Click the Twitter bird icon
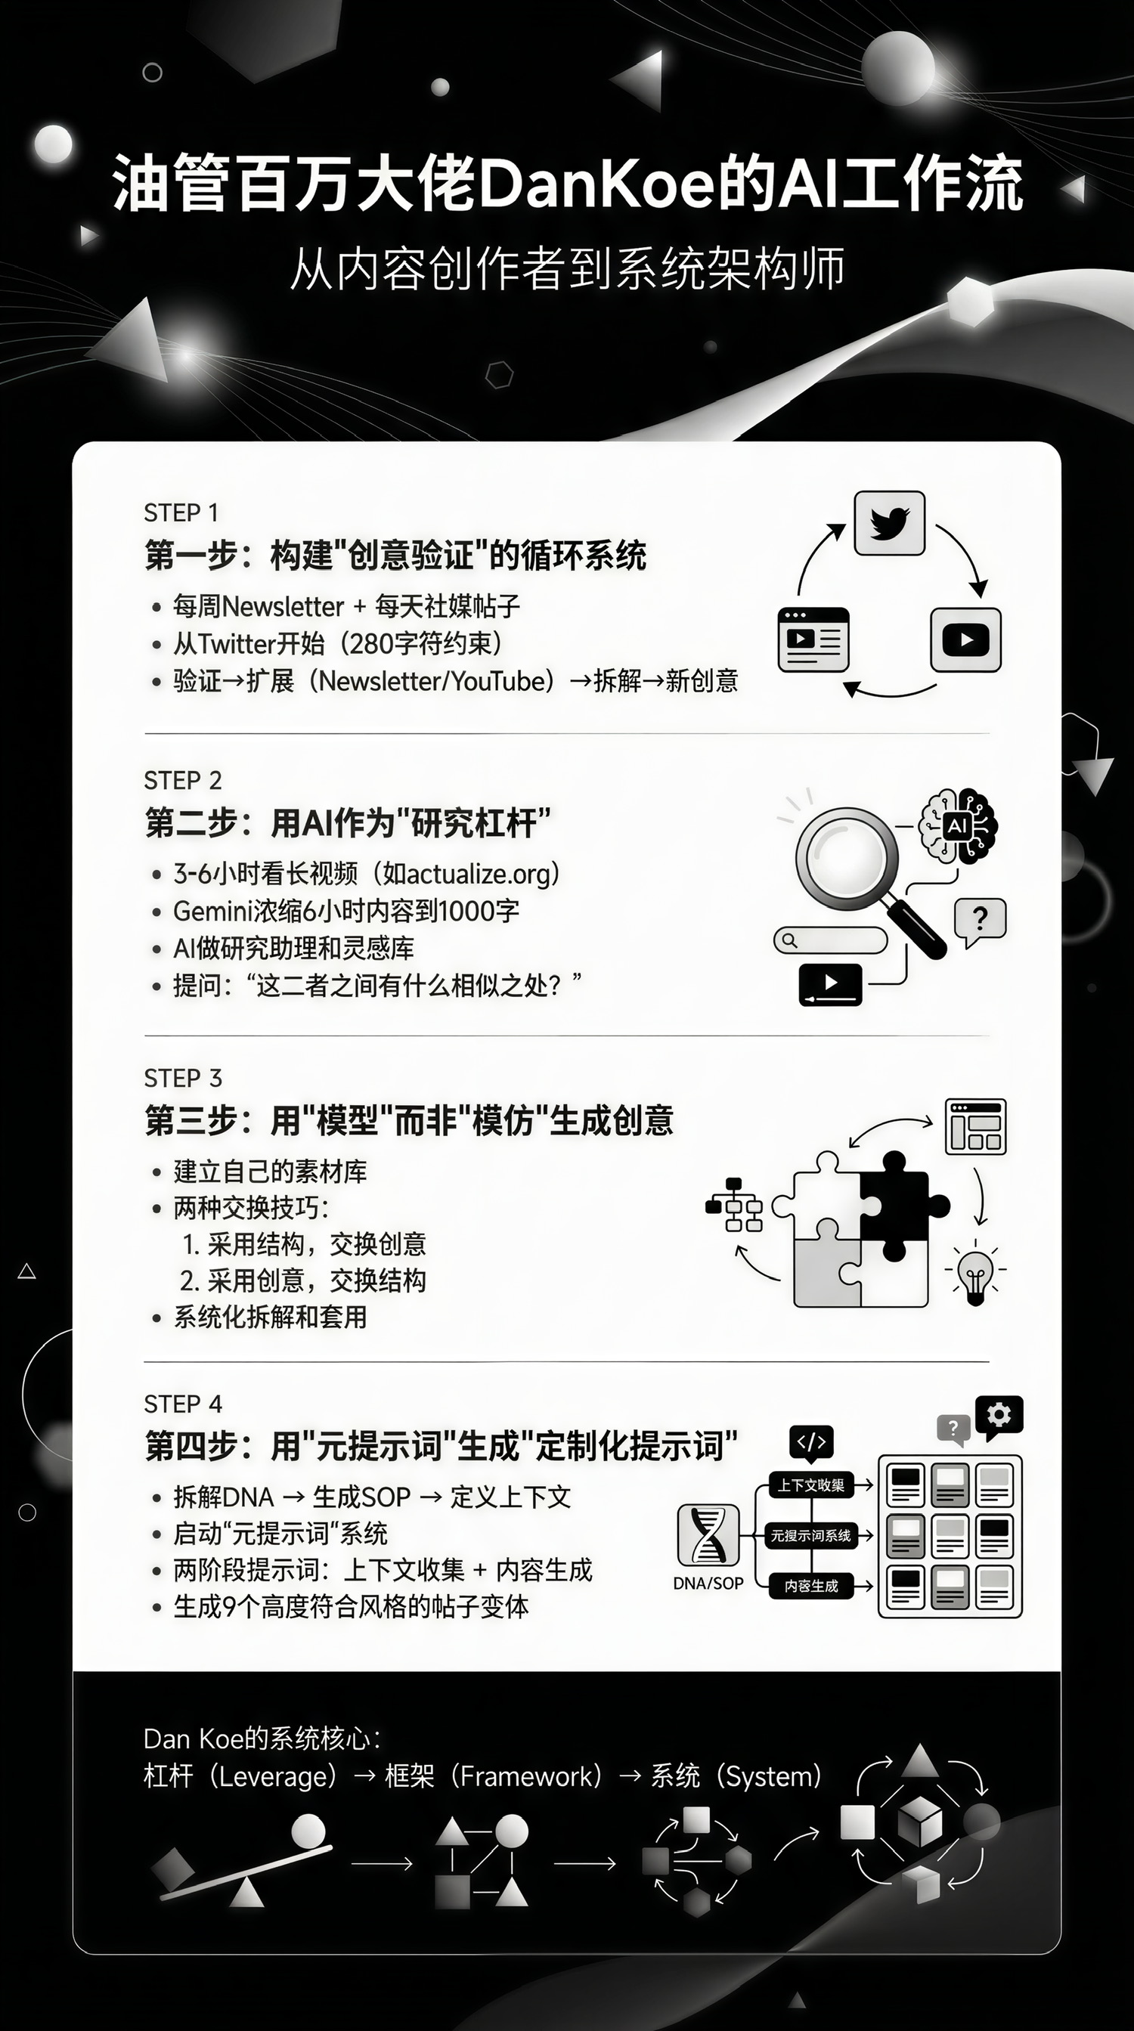[x=890, y=523]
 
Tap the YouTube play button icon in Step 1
[x=965, y=639]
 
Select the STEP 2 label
[x=183, y=781]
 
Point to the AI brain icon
[x=958, y=826]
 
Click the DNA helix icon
[x=708, y=1534]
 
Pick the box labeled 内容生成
[x=810, y=1586]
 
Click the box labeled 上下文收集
[x=810, y=1485]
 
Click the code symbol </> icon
[x=811, y=1443]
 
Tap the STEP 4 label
[x=183, y=1404]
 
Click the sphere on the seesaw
[x=308, y=1831]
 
